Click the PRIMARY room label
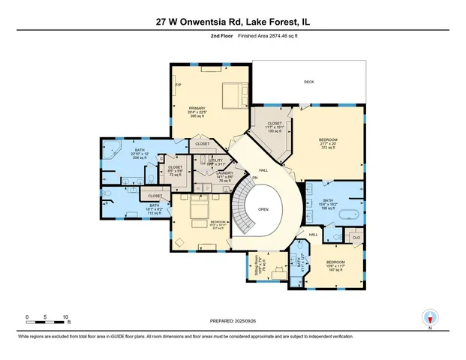coord(197,108)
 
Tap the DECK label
coord(308,82)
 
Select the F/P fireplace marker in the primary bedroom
coord(179,85)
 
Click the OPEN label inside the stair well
coord(263,210)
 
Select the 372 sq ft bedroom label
coord(329,140)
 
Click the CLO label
coord(356,236)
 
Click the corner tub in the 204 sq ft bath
coord(111,147)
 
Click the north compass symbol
coord(430,317)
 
